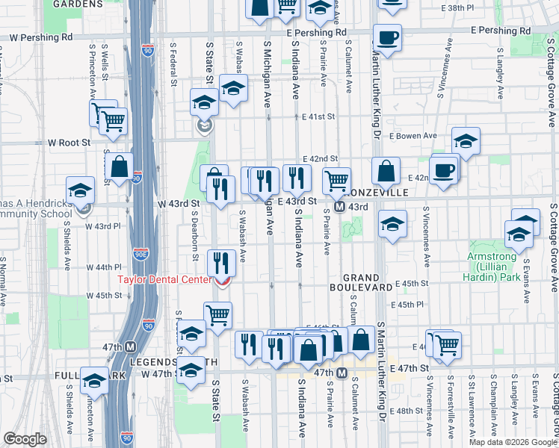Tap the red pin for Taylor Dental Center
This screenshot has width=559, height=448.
(222, 281)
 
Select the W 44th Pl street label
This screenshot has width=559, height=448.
(103, 267)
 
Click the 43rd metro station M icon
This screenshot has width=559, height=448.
(339, 206)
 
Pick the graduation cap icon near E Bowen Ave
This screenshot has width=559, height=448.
(466, 140)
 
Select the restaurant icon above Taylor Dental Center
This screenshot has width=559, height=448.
(221, 262)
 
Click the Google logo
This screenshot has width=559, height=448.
(25, 439)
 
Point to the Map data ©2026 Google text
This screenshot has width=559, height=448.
(512, 442)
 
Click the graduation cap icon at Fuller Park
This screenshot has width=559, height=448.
(94, 383)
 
